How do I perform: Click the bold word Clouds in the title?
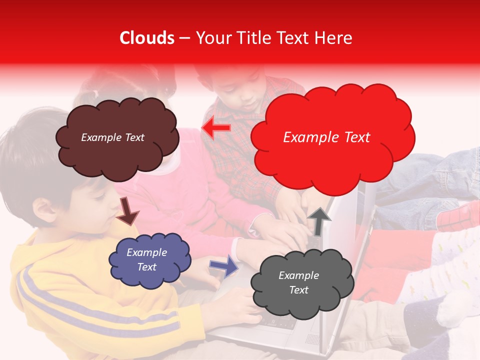[147, 38]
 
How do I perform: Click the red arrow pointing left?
[216, 128]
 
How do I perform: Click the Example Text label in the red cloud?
[326, 137]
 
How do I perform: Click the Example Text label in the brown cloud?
[112, 137]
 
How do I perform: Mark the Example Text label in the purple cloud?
[146, 259]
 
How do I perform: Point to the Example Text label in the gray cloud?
[298, 282]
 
